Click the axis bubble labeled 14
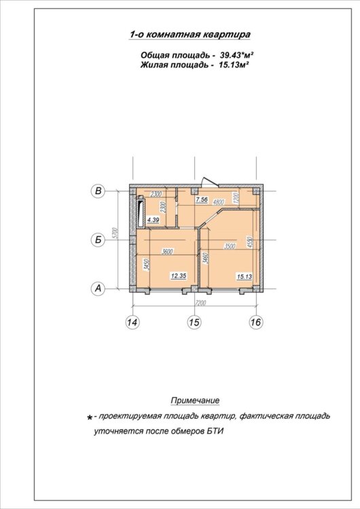point(132,322)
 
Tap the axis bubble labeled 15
point(194,322)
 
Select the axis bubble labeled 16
point(256,322)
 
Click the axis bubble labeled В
point(98,191)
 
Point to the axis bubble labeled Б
point(98,240)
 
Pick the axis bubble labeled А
point(98,288)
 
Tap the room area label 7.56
point(202,200)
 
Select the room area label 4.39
point(153,220)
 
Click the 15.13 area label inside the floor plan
point(245,277)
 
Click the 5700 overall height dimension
point(116,234)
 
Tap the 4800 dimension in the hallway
point(219,202)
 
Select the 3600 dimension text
point(168,251)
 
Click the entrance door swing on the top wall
point(208,181)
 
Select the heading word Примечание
point(195,400)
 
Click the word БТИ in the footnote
point(215,432)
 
